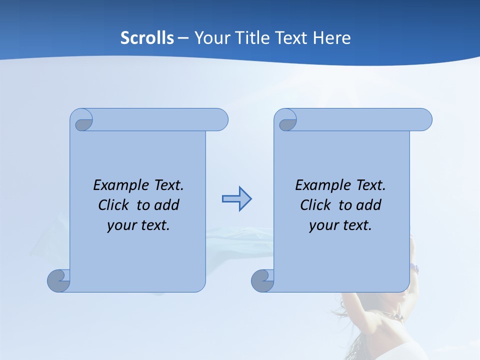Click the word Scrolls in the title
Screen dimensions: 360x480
pyautogui.click(x=147, y=38)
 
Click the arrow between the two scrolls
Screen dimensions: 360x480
pyautogui.click(x=236, y=199)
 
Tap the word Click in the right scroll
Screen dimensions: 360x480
pyautogui.click(x=315, y=205)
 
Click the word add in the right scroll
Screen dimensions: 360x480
pyautogui.click(x=369, y=205)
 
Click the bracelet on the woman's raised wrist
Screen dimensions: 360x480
pyautogui.click(x=414, y=268)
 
